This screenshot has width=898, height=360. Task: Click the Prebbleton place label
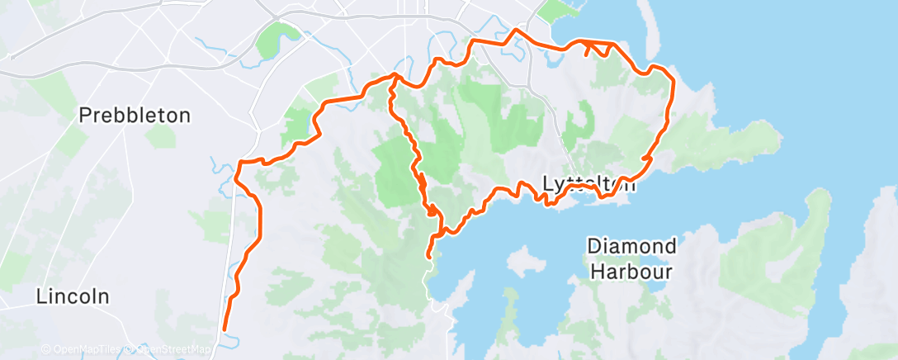point(135,116)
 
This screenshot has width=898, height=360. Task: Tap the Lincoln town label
point(73,297)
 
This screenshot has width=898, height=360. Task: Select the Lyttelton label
point(589,184)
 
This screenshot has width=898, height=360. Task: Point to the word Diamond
point(632,246)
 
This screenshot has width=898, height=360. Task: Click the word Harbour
point(632,270)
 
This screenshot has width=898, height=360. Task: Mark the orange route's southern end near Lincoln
point(224,329)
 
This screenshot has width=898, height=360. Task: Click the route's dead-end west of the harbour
point(428,258)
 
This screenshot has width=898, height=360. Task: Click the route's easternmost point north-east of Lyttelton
point(673,83)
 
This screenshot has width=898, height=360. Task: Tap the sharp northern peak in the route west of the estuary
point(515,31)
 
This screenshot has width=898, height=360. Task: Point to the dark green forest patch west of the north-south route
point(395,169)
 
